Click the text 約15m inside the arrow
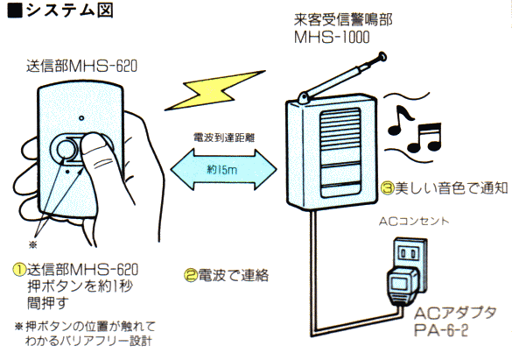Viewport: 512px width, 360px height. pos(221,167)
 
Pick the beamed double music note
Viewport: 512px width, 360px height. pos(429,138)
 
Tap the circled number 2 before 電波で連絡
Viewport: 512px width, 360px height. pos(190,276)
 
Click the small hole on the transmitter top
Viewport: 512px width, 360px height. pos(79,117)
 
